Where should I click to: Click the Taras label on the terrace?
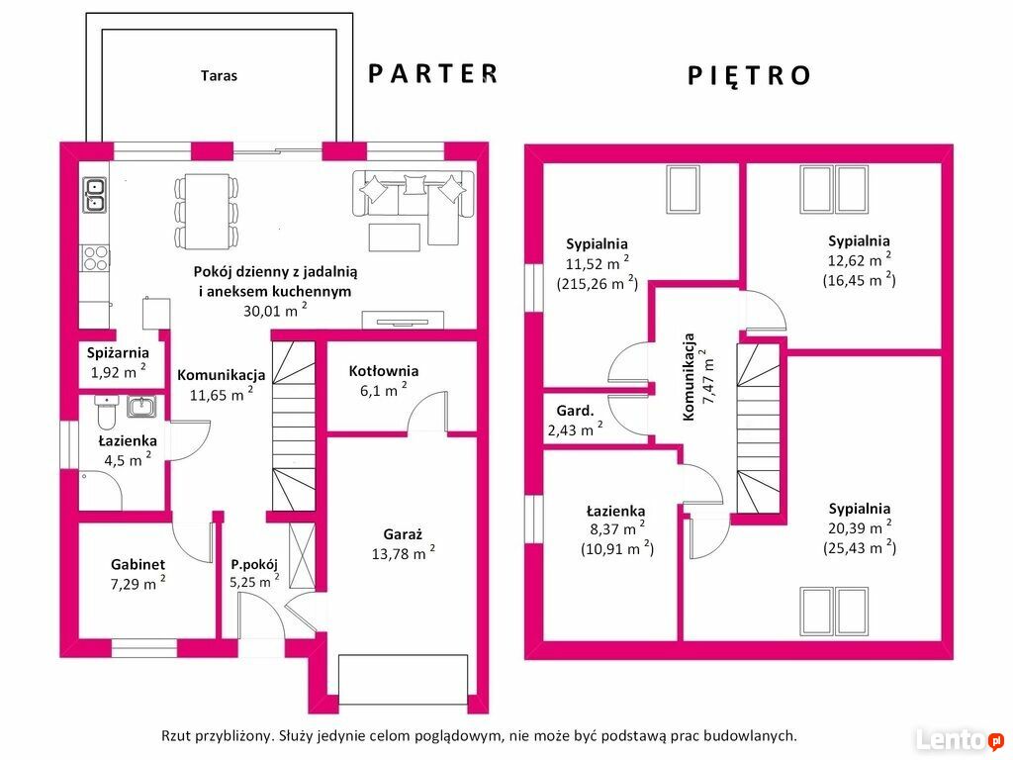point(219,75)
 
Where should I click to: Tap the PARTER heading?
point(433,73)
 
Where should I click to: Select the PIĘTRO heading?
point(749,75)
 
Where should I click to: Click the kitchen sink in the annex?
point(94,195)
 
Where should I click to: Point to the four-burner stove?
point(95,258)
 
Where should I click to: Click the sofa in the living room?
point(414,200)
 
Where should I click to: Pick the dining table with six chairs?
point(206,212)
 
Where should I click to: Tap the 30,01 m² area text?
point(275,310)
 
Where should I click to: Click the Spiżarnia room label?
point(119,353)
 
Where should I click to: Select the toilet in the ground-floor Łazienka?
point(107,413)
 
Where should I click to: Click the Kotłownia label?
point(384,371)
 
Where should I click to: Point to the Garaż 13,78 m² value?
point(404,553)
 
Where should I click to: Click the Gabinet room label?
point(138,564)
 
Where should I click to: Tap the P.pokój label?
point(254,564)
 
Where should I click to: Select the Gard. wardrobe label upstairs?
point(575,411)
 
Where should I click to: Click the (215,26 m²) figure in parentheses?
point(598,284)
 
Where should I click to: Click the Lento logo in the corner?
point(960,739)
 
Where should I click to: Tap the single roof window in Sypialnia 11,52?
point(684,189)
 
